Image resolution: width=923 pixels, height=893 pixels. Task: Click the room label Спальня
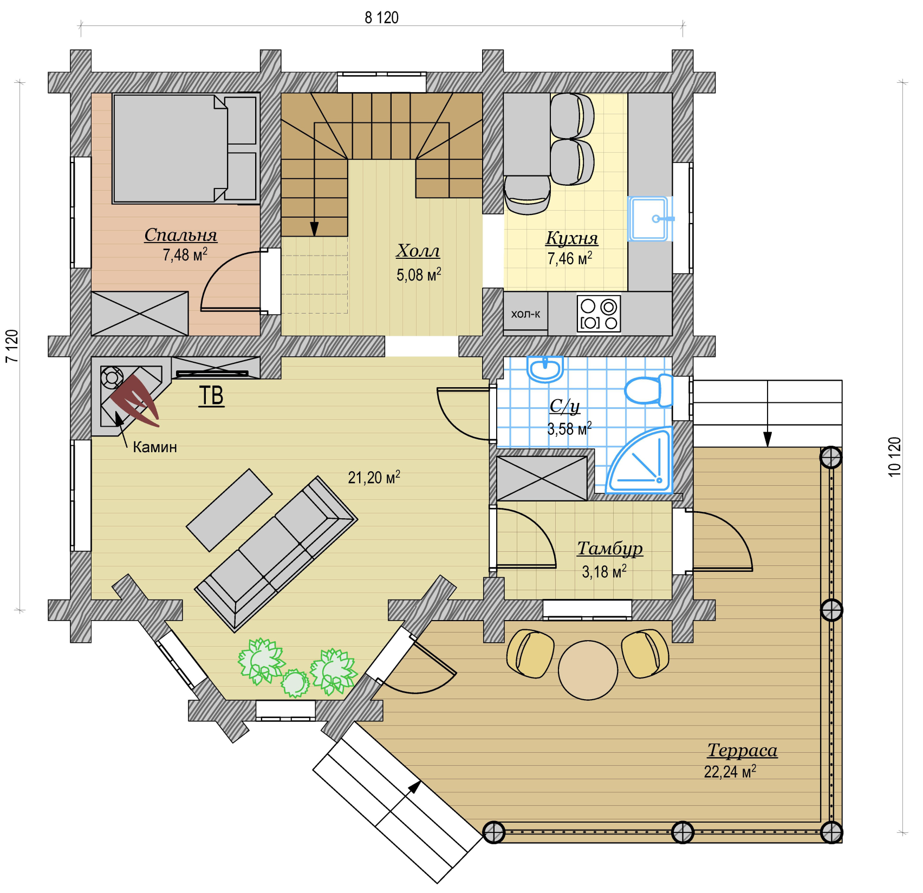180,235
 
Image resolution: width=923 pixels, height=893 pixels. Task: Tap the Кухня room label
571,238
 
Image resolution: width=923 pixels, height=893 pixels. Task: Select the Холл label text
418,251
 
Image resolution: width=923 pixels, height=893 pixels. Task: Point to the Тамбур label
609,549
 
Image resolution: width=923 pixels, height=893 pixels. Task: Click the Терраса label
742,751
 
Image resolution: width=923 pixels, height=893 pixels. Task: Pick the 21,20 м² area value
374,477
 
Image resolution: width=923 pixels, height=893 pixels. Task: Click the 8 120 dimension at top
381,18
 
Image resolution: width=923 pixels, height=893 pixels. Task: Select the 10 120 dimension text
894,457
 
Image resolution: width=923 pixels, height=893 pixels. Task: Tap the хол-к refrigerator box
525,314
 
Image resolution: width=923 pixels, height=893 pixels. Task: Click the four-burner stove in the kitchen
599,313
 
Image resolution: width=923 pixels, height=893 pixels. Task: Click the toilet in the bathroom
648,390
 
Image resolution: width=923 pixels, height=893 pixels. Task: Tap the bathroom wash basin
545,369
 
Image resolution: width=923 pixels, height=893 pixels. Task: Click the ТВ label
211,396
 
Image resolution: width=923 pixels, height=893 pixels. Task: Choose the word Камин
155,447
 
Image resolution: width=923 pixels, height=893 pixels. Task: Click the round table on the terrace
588,670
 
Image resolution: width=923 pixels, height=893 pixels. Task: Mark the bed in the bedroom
185,149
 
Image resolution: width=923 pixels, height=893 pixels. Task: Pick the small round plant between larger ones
295,683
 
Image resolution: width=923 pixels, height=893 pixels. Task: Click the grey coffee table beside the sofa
229,510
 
